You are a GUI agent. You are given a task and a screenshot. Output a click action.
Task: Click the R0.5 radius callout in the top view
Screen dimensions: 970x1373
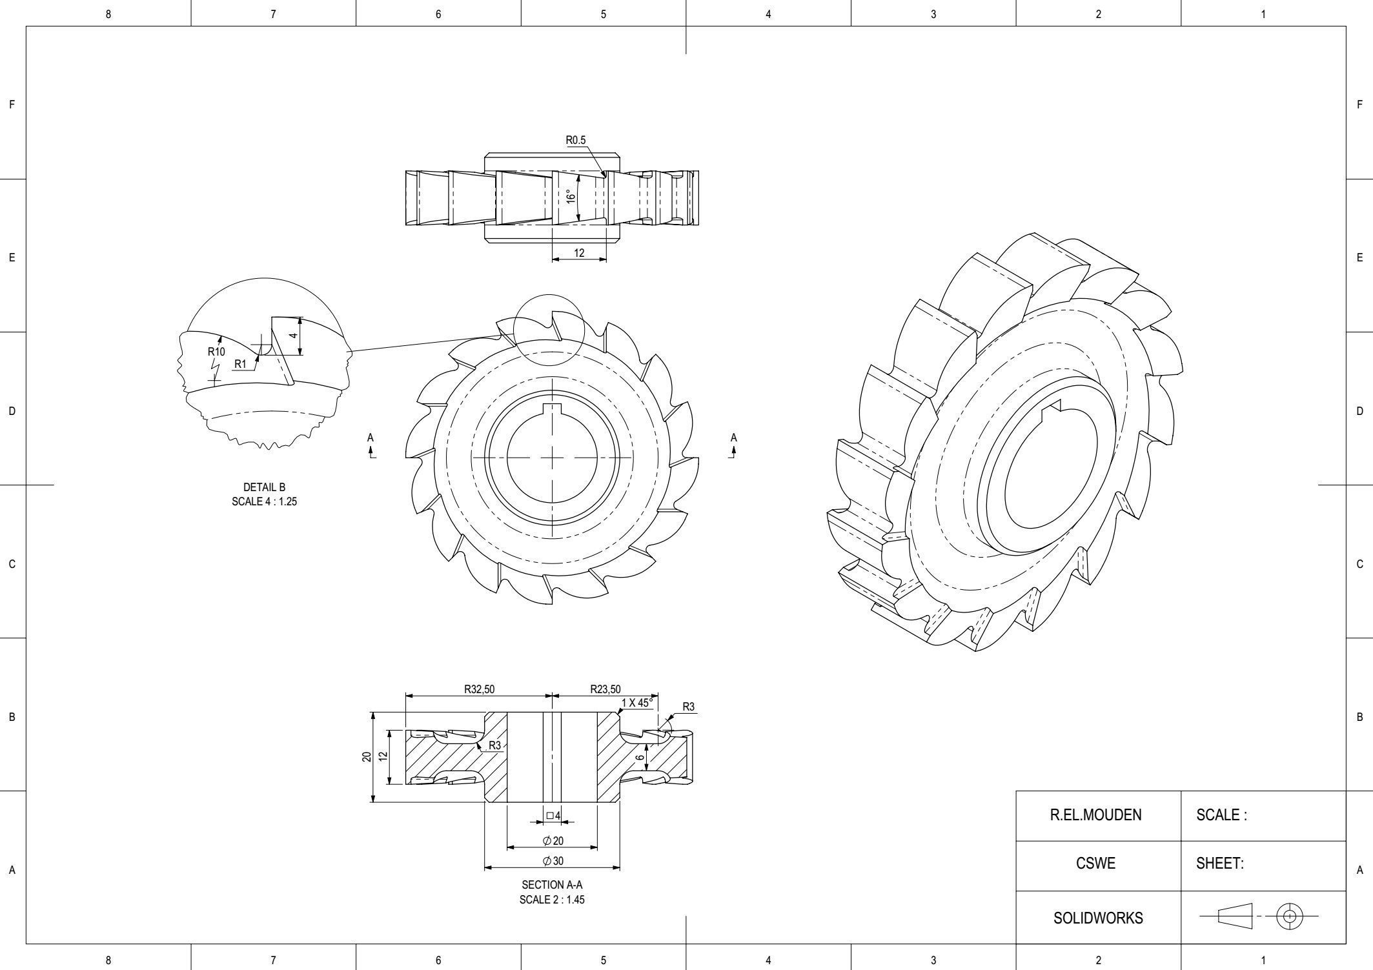(575, 140)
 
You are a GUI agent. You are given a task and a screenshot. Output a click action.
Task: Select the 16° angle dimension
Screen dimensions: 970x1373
(570, 197)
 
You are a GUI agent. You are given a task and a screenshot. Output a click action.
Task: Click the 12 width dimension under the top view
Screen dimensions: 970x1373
(579, 253)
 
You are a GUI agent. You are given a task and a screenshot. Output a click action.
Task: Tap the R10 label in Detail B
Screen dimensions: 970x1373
(216, 352)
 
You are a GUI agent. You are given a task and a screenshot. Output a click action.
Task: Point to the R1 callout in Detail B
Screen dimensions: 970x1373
(240, 364)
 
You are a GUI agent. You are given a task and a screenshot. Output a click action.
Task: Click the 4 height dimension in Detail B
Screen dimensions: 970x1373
(293, 336)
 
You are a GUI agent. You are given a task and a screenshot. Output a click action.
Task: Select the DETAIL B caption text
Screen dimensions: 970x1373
(264, 487)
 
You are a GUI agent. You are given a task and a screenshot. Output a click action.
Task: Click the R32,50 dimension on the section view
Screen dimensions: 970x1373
(479, 689)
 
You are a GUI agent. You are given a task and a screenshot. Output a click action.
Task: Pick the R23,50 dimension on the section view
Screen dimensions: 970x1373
(605, 689)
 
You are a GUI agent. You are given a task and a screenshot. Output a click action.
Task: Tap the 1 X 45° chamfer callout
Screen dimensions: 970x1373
(637, 703)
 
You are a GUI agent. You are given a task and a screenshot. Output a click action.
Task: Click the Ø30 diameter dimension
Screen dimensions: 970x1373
(553, 861)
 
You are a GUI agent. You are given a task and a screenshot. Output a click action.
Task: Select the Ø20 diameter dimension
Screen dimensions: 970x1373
(553, 841)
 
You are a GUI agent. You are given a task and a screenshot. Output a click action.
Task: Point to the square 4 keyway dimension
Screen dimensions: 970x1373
(553, 816)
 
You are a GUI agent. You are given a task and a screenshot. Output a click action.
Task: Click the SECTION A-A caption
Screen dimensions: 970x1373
(552, 885)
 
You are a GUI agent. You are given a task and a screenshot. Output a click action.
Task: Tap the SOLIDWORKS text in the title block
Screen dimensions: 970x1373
(1097, 918)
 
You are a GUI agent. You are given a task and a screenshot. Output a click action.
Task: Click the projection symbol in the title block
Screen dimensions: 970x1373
(1259, 916)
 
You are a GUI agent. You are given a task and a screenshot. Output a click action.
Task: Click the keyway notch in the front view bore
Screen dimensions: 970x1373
(553, 407)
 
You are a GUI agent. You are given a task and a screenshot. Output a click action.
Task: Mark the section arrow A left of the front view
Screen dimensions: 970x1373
(371, 445)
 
